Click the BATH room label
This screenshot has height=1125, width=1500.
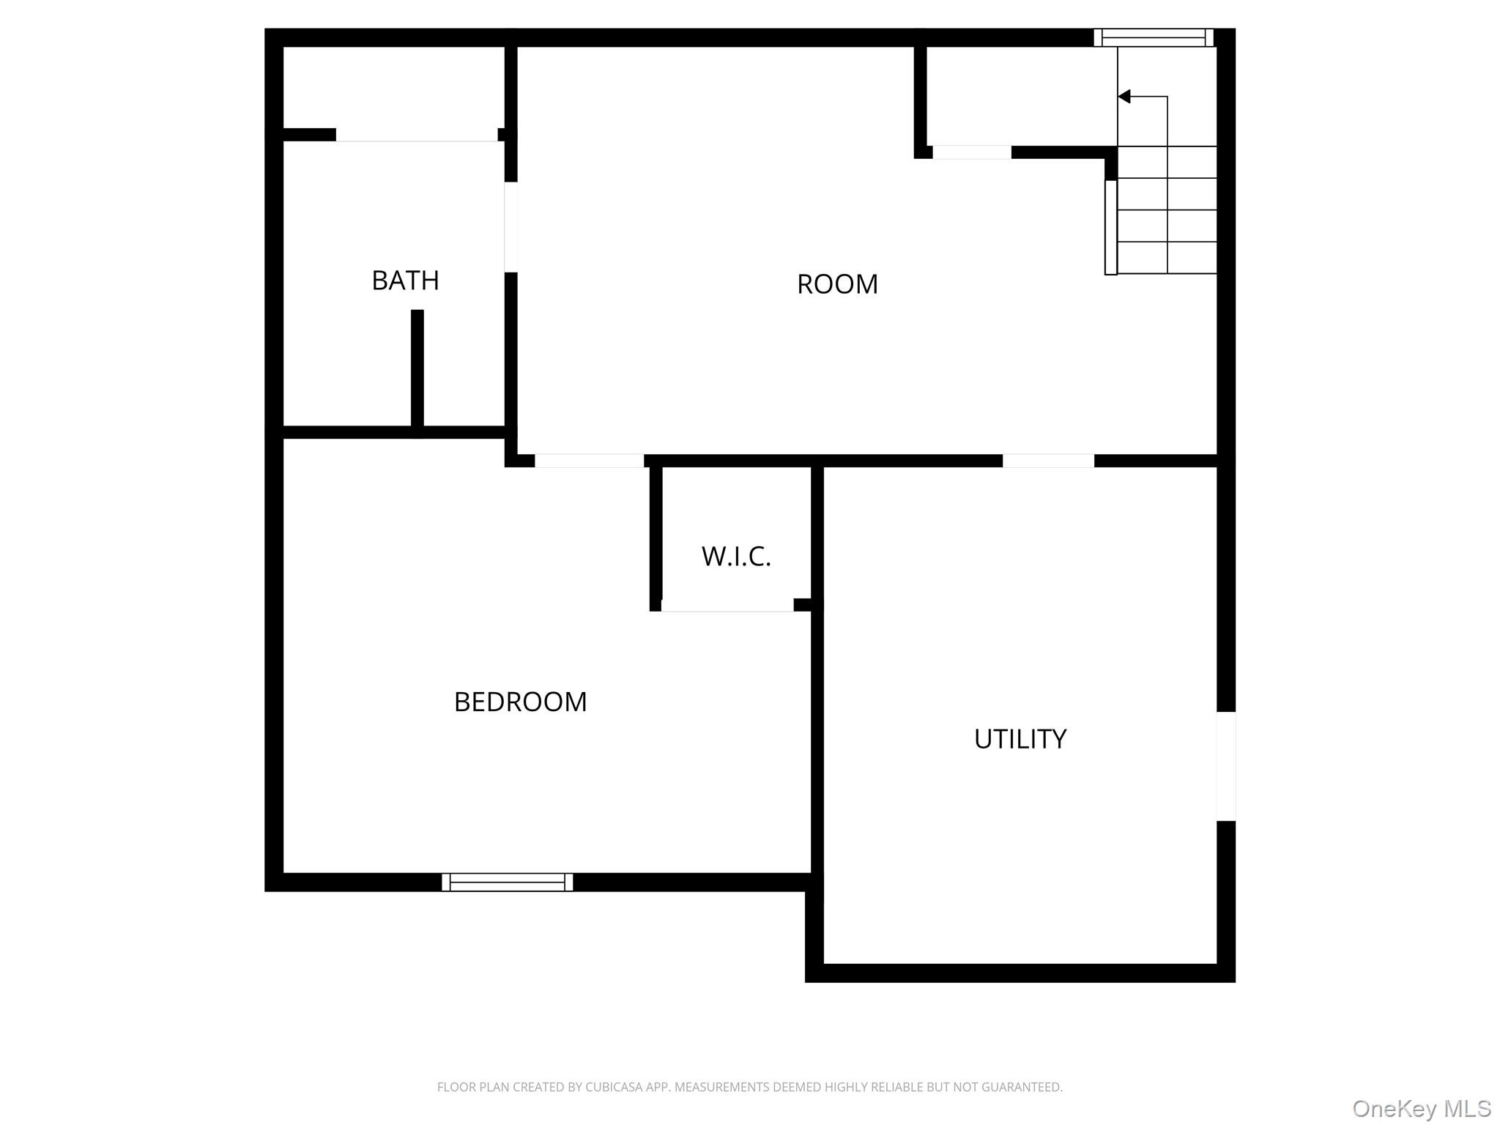coord(405,281)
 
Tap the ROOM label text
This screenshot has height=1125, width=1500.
coord(837,284)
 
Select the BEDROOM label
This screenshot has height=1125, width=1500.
coord(520,702)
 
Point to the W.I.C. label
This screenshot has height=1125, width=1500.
coord(736,557)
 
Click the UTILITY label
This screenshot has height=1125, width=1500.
coord(1020,739)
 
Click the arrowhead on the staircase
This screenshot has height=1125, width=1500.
coord(1124,97)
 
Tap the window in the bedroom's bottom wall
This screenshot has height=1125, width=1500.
coord(508,882)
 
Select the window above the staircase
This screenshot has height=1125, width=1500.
coord(1154,37)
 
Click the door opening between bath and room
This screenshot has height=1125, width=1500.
coord(511,227)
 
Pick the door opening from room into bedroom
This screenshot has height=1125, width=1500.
coord(590,461)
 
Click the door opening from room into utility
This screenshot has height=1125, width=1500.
coord(1048,461)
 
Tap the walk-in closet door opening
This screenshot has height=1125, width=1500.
coord(727,605)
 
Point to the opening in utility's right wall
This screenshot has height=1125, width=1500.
coord(1226,766)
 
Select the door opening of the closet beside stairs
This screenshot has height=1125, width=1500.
coord(972,152)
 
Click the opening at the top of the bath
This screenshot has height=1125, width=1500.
coord(417,135)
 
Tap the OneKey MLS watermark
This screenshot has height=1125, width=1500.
coord(1421,1108)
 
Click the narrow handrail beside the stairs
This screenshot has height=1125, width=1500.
coord(1111,227)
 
